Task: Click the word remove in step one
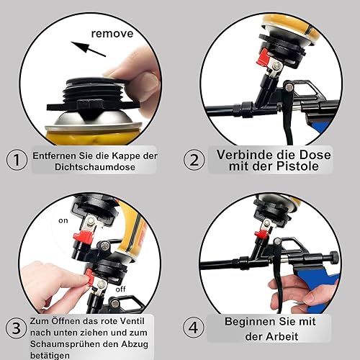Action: (x=112, y=33)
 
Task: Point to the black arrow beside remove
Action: (x=88, y=49)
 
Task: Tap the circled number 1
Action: (x=17, y=160)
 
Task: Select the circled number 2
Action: (x=194, y=160)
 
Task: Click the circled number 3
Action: (x=16, y=328)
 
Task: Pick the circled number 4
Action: (x=194, y=328)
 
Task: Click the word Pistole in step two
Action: (x=297, y=166)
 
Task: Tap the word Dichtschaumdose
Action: (x=95, y=167)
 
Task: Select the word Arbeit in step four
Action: (x=282, y=336)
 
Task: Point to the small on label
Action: (x=63, y=220)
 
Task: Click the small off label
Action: (x=120, y=289)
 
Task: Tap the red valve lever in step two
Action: (x=264, y=57)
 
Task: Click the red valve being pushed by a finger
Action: (x=90, y=278)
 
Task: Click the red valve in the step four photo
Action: (x=261, y=233)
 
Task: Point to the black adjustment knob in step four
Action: (x=334, y=257)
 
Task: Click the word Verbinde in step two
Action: (x=244, y=155)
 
